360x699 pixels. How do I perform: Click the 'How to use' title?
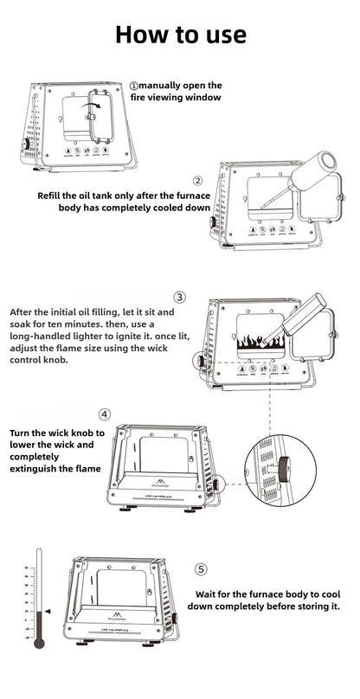180,34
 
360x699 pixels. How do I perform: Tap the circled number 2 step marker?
197,181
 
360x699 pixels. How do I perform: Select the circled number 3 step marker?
179,298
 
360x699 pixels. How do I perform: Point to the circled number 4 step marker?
105,415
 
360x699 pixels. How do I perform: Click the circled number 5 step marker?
201,569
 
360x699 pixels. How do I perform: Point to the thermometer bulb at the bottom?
39,643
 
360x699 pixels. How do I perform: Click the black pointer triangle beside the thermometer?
48,611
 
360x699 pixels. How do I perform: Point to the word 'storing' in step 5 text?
309,607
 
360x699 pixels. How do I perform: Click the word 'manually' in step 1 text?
161,86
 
